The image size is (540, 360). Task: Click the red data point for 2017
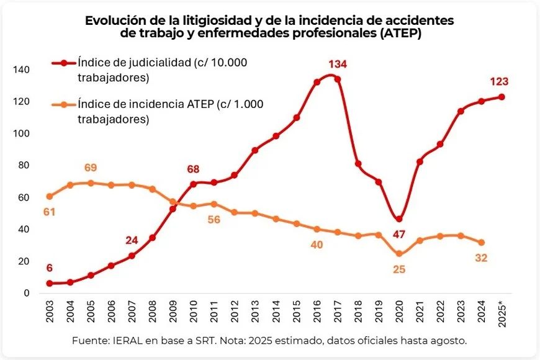point(338,79)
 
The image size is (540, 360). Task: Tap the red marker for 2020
point(399,219)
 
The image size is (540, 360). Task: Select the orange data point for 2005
point(91,183)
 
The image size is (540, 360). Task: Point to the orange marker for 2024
point(482,243)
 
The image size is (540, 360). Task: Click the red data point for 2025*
point(502,97)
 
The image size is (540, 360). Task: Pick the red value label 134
point(338,64)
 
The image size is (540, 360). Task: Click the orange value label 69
point(91,168)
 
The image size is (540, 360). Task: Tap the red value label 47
point(399,235)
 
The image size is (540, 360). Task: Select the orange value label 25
point(399,269)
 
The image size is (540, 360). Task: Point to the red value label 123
point(499,82)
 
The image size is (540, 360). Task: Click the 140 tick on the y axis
point(21,70)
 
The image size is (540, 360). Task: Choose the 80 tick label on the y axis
point(24,165)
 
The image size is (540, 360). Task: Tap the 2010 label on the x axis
point(194,312)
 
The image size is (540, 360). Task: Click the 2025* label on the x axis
point(502,314)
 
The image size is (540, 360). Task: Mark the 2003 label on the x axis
point(50,312)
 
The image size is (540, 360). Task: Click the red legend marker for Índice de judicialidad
point(64,63)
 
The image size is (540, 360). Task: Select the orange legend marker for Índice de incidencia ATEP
point(64,104)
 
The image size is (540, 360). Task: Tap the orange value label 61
point(49,212)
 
